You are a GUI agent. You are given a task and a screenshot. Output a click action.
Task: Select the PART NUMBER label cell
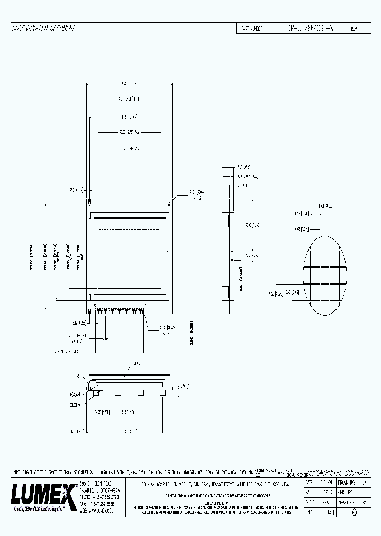pos(252,29)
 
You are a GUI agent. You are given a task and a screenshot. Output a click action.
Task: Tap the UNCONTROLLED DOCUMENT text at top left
pos(43,29)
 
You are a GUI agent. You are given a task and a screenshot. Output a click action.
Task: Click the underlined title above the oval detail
pos(325,206)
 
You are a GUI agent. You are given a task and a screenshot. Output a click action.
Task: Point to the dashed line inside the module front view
pos(130,229)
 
